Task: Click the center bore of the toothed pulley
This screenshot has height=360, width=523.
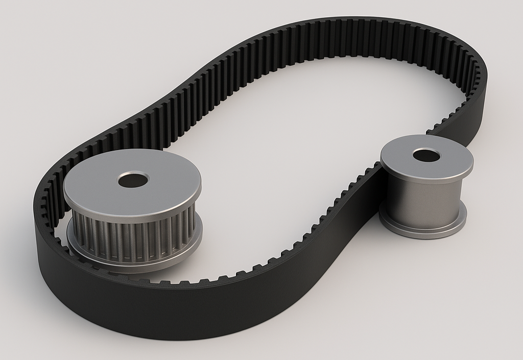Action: (133, 180)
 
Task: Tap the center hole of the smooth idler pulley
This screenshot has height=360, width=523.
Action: (426, 155)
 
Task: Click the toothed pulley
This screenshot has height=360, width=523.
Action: (133, 214)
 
